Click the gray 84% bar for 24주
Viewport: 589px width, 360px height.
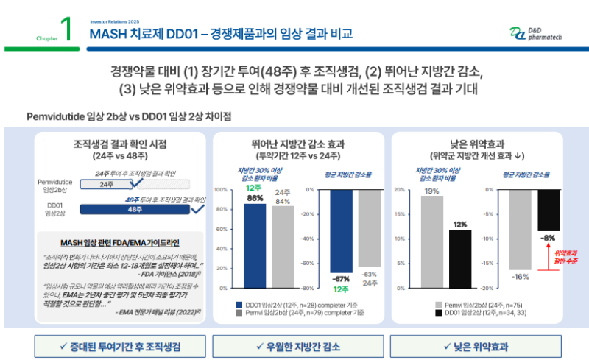pos(282,247)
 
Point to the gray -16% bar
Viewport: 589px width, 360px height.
pos(520,229)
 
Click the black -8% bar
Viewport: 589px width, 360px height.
pos(549,210)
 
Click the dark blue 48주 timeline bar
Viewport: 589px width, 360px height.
pos(134,210)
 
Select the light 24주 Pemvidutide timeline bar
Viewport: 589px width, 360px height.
pos(106,185)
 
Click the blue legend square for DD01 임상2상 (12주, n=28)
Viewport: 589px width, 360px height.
pos(239,304)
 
